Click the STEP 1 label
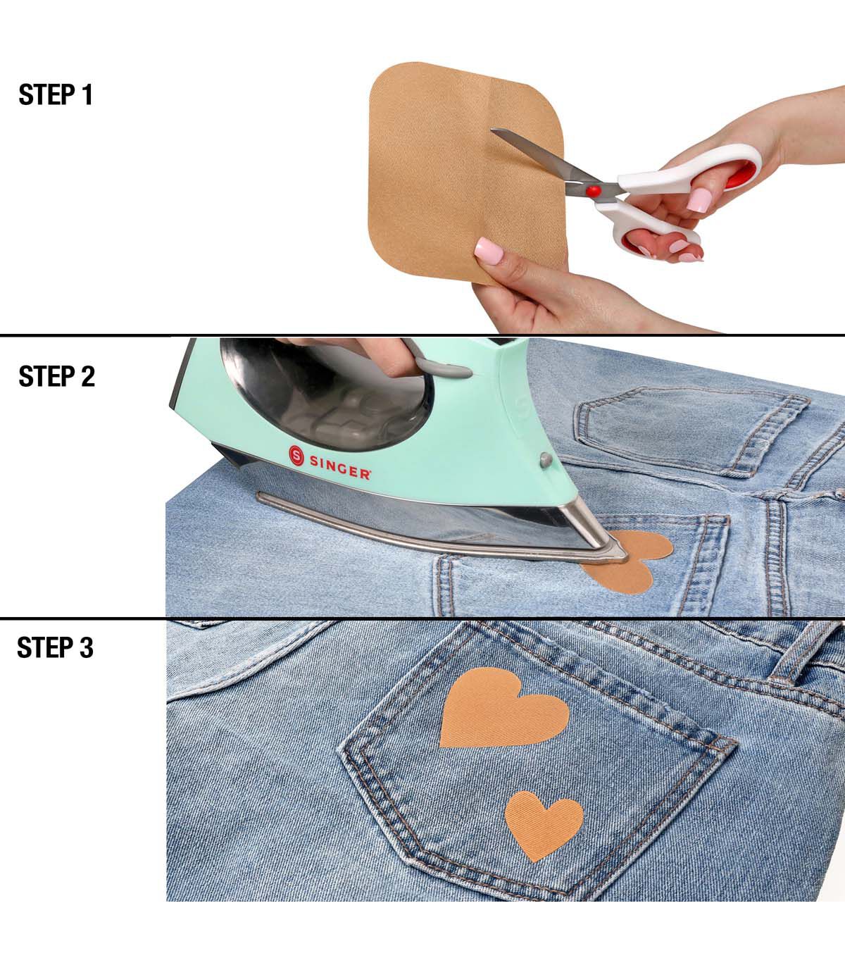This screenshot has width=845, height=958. pyautogui.click(x=56, y=94)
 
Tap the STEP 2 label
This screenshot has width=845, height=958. pyautogui.click(x=57, y=376)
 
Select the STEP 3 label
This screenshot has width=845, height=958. pyautogui.click(x=56, y=647)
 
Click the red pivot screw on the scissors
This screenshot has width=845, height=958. pyautogui.click(x=593, y=191)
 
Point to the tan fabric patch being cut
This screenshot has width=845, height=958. pyautogui.click(x=465, y=173)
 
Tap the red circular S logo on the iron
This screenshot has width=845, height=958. pyautogui.click(x=296, y=455)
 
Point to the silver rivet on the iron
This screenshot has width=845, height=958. pyautogui.click(x=546, y=459)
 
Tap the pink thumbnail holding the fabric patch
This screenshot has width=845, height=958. pyautogui.click(x=489, y=251)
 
